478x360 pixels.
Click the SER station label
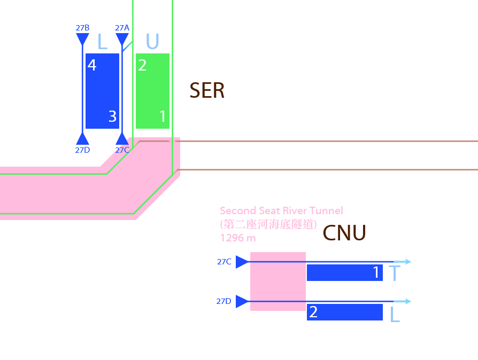[x=207, y=91]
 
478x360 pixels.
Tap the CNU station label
[x=344, y=233]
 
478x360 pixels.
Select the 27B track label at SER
[x=82, y=27]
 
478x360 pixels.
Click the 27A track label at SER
[x=122, y=27]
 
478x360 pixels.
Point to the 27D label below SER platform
[x=82, y=150]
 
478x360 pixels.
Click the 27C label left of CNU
[x=224, y=262]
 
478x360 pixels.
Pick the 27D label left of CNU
[x=224, y=301]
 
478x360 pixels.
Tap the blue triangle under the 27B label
[x=82, y=39]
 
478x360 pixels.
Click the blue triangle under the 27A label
[x=122, y=39]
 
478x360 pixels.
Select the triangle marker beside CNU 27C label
[x=242, y=262]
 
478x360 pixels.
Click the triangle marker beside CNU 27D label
[x=242, y=301]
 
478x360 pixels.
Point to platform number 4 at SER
[x=92, y=65]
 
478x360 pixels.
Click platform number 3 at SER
[x=112, y=116]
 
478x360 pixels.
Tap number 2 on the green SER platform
[x=142, y=65]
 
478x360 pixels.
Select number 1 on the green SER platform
[x=163, y=116]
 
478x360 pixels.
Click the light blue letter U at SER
[x=152, y=42]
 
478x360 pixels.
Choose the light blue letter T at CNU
[x=395, y=273]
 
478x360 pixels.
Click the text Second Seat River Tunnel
[x=281, y=211]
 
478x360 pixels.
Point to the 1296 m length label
[x=238, y=237]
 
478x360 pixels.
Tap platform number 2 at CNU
[x=313, y=312]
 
